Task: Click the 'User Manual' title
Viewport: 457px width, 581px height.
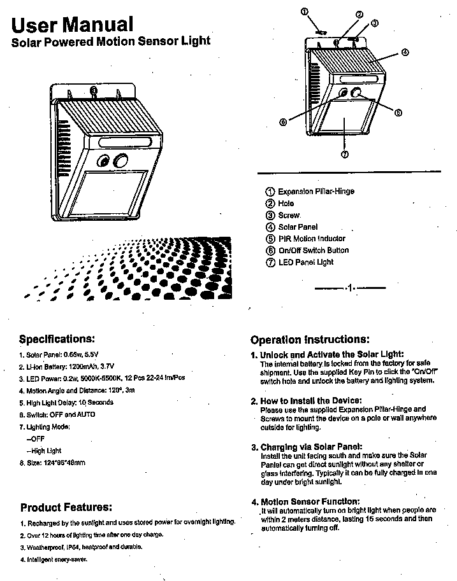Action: (x=73, y=24)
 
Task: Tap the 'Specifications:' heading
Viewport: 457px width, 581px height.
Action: (x=57, y=338)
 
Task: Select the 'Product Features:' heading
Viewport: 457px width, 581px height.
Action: (x=66, y=507)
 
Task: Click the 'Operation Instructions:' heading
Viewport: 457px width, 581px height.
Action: (x=310, y=340)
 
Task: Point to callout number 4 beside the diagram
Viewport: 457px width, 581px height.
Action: (x=405, y=53)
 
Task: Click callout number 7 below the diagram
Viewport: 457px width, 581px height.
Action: (x=344, y=155)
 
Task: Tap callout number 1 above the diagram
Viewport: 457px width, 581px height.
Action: (x=305, y=11)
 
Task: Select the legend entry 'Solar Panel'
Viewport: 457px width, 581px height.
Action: (x=298, y=227)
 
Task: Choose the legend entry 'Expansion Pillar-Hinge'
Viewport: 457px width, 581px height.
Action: (x=316, y=192)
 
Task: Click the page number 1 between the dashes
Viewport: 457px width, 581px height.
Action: (x=350, y=288)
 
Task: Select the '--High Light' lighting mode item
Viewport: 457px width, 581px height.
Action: (x=44, y=451)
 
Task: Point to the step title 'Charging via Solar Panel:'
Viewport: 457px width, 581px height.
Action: (x=311, y=447)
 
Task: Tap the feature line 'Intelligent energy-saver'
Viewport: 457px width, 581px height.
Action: (x=56, y=559)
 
